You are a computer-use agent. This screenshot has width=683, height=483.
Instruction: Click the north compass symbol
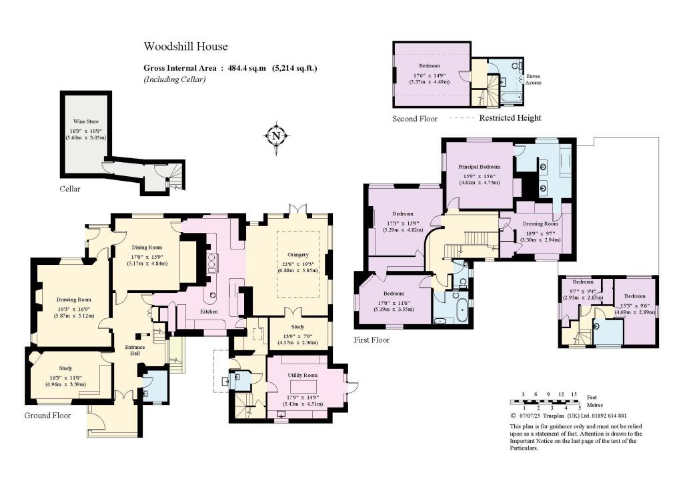click(x=277, y=136)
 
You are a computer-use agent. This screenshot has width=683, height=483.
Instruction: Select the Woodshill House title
click(x=186, y=47)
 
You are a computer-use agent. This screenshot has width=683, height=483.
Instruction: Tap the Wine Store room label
click(x=85, y=122)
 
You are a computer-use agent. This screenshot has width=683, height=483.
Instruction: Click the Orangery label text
click(x=299, y=254)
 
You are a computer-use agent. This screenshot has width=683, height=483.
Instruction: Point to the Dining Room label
click(x=146, y=247)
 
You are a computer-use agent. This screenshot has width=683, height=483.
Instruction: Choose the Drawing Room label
click(x=73, y=300)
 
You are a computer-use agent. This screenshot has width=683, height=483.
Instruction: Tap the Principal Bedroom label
click(x=480, y=165)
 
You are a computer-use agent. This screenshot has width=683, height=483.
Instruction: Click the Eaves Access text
click(x=533, y=79)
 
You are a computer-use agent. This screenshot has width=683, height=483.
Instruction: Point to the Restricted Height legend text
click(x=510, y=118)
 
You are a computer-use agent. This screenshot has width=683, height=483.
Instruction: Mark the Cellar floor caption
click(x=69, y=189)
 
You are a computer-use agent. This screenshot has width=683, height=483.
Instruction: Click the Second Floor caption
click(x=415, y=119)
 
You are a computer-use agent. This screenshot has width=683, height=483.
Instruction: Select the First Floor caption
click(x=372, y=340)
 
